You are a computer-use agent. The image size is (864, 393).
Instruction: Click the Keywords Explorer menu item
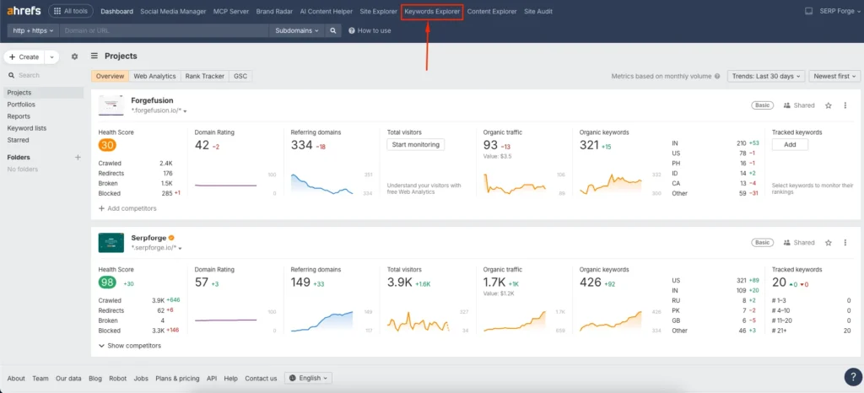coord(432,11)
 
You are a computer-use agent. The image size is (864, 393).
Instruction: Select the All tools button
coord(72,11)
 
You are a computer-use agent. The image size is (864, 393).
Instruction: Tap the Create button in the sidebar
coord(24,57)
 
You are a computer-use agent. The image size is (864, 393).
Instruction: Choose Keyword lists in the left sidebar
coord(26,128)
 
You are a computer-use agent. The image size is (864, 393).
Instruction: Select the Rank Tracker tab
coord(204,76)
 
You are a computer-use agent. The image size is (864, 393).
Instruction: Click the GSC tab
coord(240,76)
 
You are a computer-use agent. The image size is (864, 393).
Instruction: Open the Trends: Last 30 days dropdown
coord(765,76)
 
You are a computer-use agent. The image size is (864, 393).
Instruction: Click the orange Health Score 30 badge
coord(107,145)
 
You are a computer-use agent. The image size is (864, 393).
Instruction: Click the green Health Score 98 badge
coord(107,283)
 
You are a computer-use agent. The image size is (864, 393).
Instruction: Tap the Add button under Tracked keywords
coord(790,145)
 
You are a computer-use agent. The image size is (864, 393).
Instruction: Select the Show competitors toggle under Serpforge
coord(132,346)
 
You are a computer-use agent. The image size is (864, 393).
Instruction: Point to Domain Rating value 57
coord(202,283)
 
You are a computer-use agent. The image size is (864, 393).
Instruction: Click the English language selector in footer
coord(309,378)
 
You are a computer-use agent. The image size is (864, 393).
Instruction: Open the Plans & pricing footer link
coord(177,378)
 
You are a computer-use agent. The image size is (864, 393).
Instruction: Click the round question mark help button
coord(852,377)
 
